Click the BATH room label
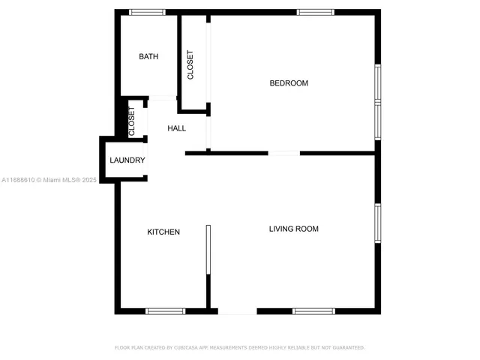click(148, 57)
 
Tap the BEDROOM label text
click(289, 83)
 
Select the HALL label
click(177, 128)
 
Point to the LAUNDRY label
click(127, 160)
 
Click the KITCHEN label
click(163, 232)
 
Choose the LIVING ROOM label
click(294, 229)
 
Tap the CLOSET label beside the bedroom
click(190, 65)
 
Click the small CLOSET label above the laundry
click(132, 121)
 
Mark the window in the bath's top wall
click(147, 12)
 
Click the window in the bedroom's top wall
click(314, 12)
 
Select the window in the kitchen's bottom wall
click(165, 311)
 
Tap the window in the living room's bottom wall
click(313, 311)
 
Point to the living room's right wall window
click(378, 223)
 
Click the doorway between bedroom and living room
click(283, 153)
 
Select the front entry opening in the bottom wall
click(237, 312)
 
